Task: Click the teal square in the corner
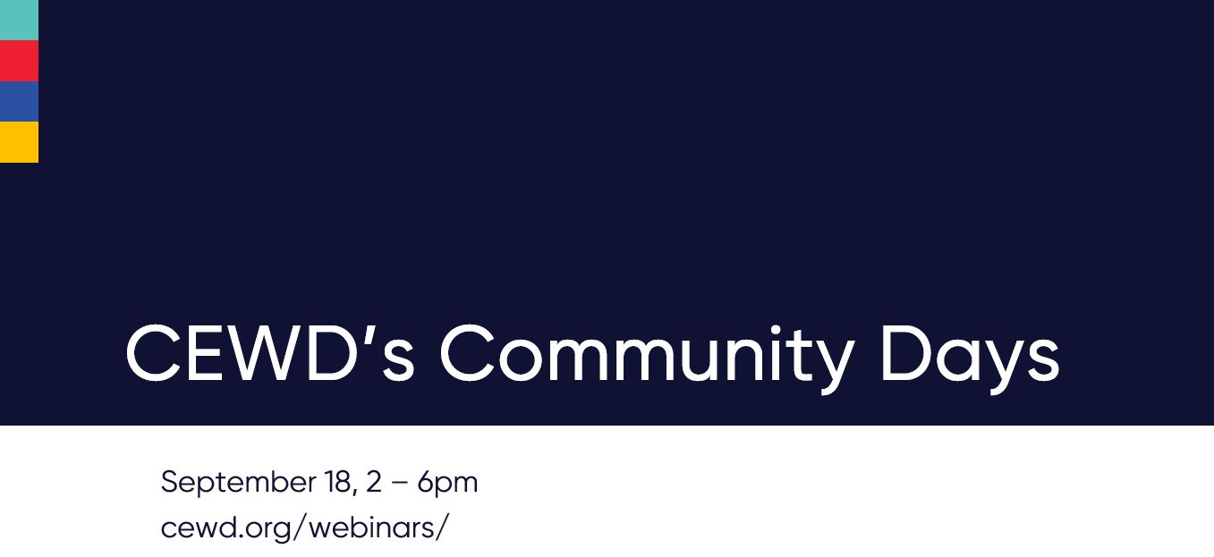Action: [x=19, y=20]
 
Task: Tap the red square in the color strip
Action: [x=19, y=61]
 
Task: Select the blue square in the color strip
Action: [x=19, y=102]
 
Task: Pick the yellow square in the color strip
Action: [x=19, y=142]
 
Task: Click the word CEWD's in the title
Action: [x=269, y=354]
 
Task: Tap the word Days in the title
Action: [x=969, y=356]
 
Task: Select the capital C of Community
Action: [x=471, y=354]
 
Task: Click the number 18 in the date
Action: [x=337, y=483]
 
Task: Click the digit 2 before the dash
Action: [x=374, y=483]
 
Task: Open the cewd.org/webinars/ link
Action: [x=304, y=527]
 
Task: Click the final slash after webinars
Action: [x=441, y=527]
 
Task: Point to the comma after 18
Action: [x=355, y=493]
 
